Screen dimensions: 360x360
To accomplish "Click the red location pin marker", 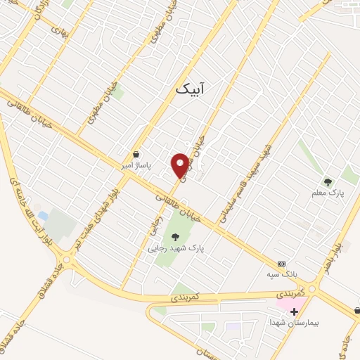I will click(181, 165).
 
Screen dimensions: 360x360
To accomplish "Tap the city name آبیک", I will click(191, 90).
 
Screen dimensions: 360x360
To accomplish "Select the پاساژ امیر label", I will click(136, 165).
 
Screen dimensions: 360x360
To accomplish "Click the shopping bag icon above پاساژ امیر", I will click(136, 154).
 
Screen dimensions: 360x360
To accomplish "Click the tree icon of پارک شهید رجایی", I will click(174, 237).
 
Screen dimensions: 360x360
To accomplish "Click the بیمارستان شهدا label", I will click(294, 321).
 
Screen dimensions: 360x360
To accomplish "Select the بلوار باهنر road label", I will click(330, 257).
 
